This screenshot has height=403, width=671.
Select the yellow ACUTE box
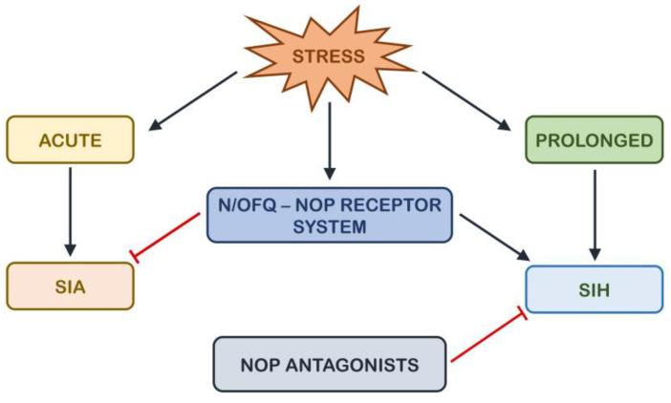point(70,140)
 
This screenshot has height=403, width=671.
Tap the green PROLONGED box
point(594,140)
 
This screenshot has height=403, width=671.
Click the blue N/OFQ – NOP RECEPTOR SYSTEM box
point(328,215)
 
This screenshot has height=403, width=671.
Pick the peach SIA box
point(70,286)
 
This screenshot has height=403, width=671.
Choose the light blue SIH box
point(594,288)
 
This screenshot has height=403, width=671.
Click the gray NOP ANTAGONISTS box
point(329,364)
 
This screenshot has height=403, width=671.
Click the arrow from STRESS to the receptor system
point(329,138)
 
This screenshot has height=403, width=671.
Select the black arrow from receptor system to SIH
point(494,237)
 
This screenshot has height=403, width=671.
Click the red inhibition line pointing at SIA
point(167,235)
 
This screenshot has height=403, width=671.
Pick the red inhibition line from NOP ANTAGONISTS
point(487,337)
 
